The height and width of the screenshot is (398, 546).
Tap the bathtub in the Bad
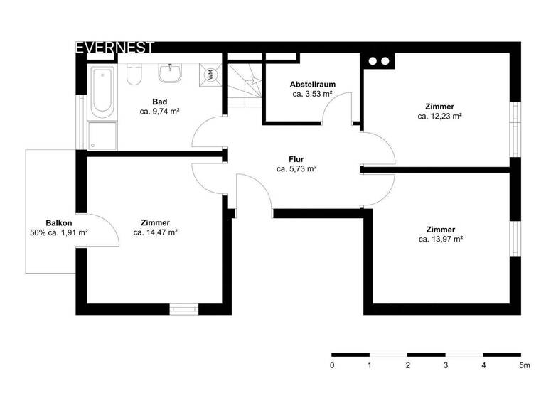pyautogui.click(x=102, y=91)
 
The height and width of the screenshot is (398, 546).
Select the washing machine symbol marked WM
pyautogui.click(x=210, y=74)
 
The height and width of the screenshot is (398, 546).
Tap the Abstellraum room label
pyautogui.click(x=313, y=84)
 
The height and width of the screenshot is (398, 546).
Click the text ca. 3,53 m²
pyautogui.click(x=313, y=93)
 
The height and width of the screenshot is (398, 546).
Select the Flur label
pyautogui.click(x=296, y=159)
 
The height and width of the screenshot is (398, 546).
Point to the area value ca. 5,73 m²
pyautogui.click(x=296, y=169)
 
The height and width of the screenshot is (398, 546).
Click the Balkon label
pyautogui.click(x=59, y=222)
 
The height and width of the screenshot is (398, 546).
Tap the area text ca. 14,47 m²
pyautogui.click(x=155, y=232)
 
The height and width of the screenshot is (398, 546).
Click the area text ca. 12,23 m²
pyautogui.click(x=440, y=116)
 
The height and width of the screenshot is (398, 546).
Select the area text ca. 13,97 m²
pyautogui.click(x=441, y=240)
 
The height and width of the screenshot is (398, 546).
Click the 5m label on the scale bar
pyautogui.click(x=525, y=365)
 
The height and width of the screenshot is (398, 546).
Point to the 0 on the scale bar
pyautogui.click(x=332, y=365)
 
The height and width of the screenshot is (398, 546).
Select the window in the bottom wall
pyautogui.click(x=184, y=309)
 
